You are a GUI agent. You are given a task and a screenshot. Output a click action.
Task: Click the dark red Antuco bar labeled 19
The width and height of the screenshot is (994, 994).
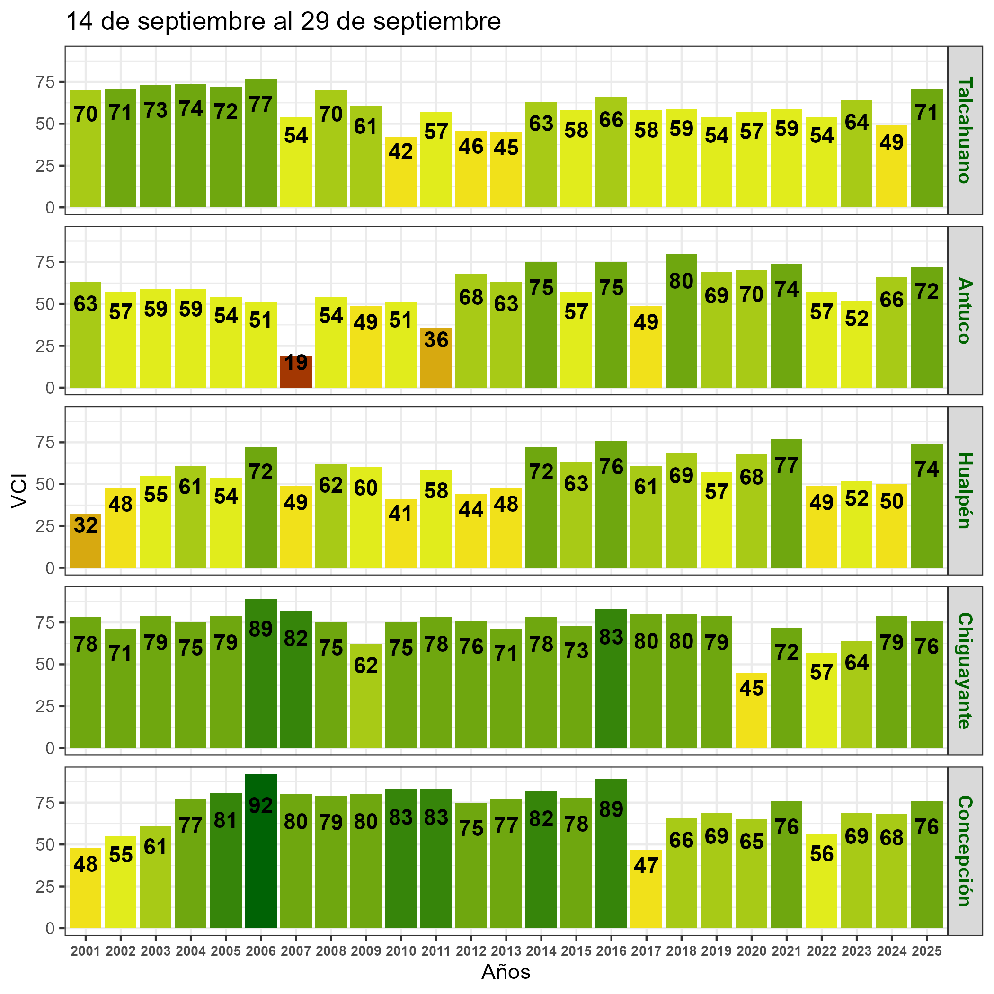(296, 372)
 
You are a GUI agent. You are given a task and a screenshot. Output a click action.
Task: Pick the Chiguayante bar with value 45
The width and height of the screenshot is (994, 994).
(751, 710)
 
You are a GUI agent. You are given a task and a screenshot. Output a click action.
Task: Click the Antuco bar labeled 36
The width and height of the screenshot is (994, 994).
(436, 357)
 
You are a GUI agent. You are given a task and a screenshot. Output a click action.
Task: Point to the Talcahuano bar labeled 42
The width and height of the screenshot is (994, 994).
(401, 172)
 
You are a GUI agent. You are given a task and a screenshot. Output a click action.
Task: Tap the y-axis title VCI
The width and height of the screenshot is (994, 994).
(19, 490)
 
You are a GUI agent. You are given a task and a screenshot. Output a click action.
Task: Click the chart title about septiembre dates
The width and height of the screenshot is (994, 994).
(284, 22)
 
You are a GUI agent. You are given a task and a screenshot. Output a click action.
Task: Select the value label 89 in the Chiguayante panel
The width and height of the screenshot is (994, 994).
(261, 629)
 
